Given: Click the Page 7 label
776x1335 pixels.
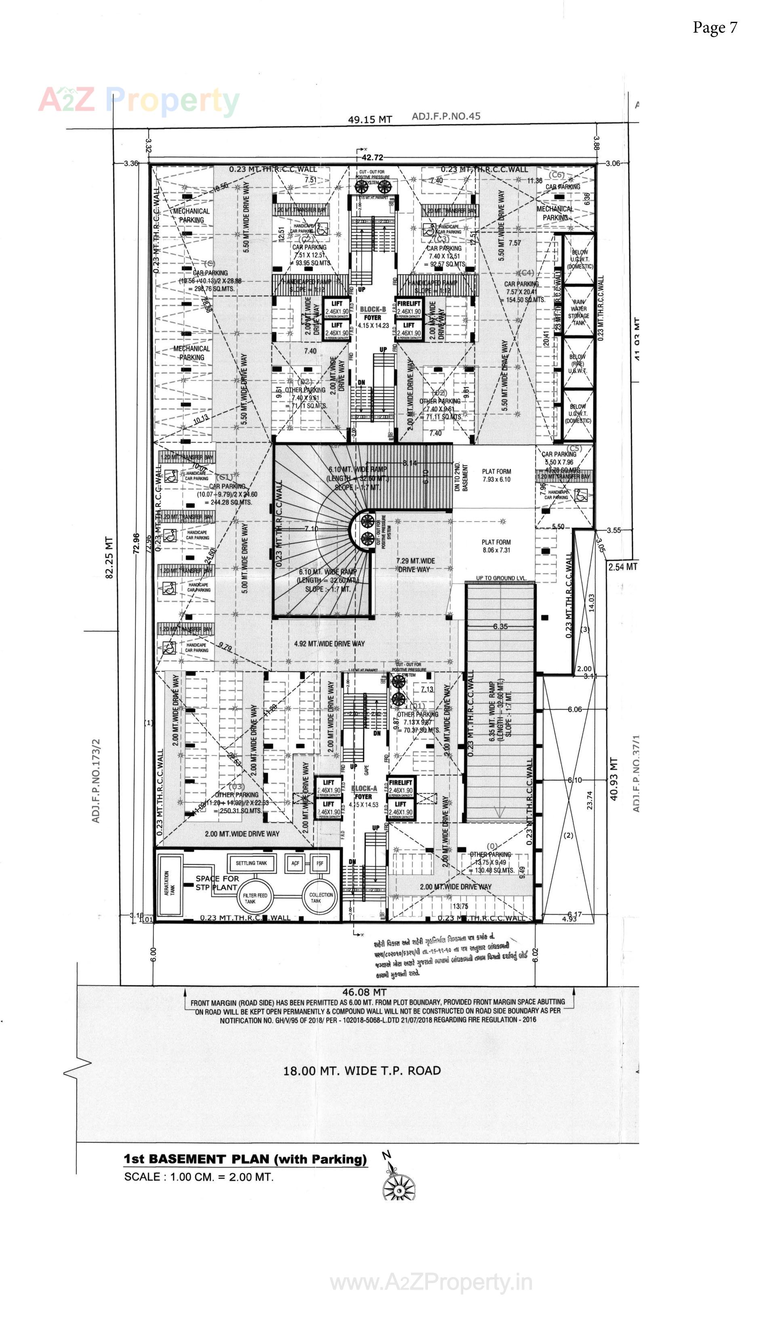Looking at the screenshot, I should tap(715, 27).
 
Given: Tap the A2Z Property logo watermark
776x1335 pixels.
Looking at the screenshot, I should tap(139, 101).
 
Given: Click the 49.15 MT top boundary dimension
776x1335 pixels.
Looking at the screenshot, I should tap(370, 119).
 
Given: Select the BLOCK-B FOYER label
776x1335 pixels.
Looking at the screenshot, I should tap(373, 317).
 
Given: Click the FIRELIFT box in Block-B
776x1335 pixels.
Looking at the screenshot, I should tap(409, 308).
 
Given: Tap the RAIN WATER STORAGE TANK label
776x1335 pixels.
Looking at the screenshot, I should tap(579, 312).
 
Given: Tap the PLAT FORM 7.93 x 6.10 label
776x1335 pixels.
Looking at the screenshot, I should tap(496, 475).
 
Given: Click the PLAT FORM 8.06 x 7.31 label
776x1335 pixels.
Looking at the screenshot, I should tap(496, 546).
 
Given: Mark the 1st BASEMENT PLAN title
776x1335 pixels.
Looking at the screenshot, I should tap(245, 1159).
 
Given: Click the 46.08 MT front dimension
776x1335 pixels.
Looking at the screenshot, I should tap(365, 992).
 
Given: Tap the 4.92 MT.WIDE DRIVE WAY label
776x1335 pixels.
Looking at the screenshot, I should tap(329, 644).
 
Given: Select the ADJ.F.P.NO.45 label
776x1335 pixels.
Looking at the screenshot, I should tap(446, 116).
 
